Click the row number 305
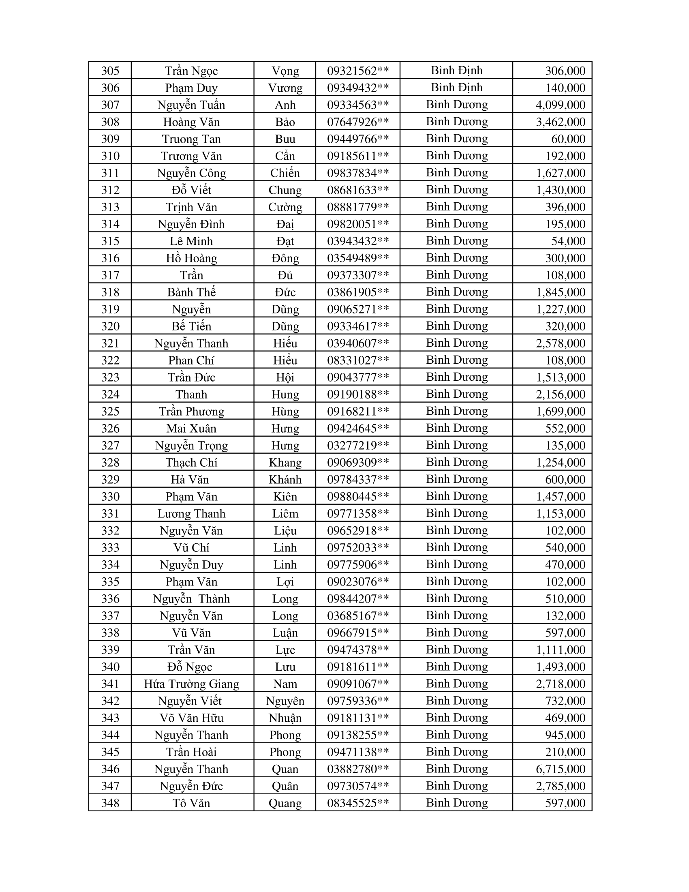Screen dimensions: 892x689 (110, 71)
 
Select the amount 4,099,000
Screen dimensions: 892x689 (561, 105)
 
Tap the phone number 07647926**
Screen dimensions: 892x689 (358, 122)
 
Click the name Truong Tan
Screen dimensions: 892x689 (191, 139)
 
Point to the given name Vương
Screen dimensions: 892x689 (285, 88)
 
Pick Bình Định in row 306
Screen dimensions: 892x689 (456, 88)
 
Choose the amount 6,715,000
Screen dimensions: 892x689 (561, 769)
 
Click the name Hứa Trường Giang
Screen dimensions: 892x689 (191, 684)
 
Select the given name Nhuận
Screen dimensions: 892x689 (285, 718)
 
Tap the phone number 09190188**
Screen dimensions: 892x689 (358, 394)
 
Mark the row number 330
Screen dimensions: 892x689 (110, 497)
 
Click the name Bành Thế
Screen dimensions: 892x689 (191, 292)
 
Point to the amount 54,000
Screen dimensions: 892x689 (568, 241)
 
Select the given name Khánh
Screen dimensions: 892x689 (285, 480)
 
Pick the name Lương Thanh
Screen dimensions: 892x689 (191, 513)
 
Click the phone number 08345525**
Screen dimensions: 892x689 (358, 803)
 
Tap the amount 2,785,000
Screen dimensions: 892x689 (561, 786)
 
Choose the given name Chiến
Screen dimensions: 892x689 (285, 173)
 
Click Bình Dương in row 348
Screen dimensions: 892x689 (456, 802)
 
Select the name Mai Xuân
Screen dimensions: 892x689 (191, 429)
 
